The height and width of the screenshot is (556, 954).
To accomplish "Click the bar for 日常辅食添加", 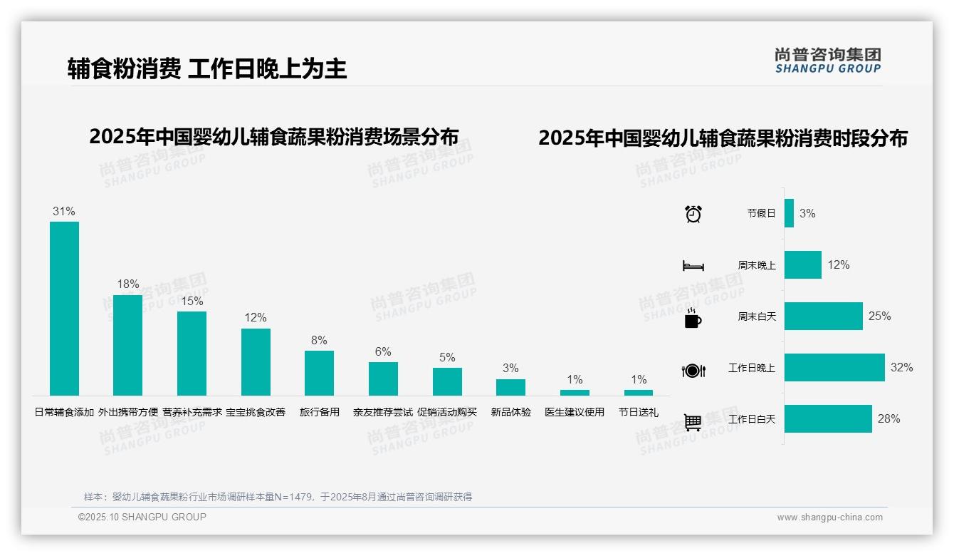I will [64, 308].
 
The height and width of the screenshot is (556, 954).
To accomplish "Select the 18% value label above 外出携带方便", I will [128, 284].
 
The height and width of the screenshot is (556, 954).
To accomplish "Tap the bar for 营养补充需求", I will [192, 353].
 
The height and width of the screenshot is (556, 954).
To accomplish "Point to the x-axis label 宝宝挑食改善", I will [256, 412].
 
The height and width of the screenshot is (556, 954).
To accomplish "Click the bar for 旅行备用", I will [319, 373].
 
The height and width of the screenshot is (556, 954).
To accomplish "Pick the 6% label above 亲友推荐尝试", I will [383, 351].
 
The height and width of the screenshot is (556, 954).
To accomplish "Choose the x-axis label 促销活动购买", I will [447, 412].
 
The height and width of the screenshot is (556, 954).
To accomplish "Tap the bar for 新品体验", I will [510, 387].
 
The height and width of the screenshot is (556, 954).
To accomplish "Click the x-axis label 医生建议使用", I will [575, 412].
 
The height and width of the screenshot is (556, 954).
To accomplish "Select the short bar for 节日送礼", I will [639, 393].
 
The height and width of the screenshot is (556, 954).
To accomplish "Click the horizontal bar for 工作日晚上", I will [834, 368].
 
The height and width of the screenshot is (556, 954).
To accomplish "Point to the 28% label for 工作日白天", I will [889, 418].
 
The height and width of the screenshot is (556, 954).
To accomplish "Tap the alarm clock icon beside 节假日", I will [693, 214].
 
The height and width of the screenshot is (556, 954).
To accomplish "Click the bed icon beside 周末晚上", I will [693, 266].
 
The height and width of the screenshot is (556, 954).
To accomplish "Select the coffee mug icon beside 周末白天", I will [693, 318].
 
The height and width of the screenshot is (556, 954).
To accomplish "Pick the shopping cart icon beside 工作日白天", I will [693, 422].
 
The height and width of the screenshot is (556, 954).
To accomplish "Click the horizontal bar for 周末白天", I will [824, 316].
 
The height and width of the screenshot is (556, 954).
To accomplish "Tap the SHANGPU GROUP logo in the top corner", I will [828, 60].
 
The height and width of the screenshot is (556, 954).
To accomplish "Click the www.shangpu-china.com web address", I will [829, 518].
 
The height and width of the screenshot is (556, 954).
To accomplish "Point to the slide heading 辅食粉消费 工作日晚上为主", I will [207, 68].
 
